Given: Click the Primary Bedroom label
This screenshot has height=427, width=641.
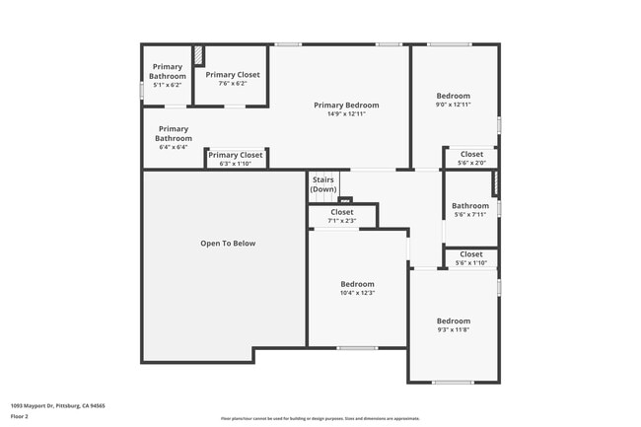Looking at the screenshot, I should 346,105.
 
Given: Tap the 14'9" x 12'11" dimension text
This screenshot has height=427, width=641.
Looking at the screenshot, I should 346,114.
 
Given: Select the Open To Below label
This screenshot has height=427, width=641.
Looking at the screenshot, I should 228,244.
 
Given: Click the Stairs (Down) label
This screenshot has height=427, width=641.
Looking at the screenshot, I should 323,184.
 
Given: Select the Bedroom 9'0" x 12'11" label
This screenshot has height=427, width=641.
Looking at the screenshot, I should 454,100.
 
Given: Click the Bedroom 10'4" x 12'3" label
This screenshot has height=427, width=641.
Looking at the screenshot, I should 357,287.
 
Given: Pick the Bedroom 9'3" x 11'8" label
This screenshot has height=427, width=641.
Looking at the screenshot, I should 454,324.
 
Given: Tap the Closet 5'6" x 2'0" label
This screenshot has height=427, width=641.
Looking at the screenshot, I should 471,158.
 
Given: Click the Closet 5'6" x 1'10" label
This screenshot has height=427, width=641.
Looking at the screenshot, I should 471,258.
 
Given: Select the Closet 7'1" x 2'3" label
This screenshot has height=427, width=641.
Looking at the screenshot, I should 342,216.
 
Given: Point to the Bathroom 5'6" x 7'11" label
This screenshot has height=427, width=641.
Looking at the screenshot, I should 470,209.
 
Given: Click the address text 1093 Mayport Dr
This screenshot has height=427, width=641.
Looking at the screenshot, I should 58,405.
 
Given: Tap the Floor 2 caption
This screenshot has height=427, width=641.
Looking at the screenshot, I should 20,417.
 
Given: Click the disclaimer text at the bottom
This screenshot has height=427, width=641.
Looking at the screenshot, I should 320,418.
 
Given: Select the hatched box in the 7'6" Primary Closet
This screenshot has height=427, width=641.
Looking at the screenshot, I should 198,54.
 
